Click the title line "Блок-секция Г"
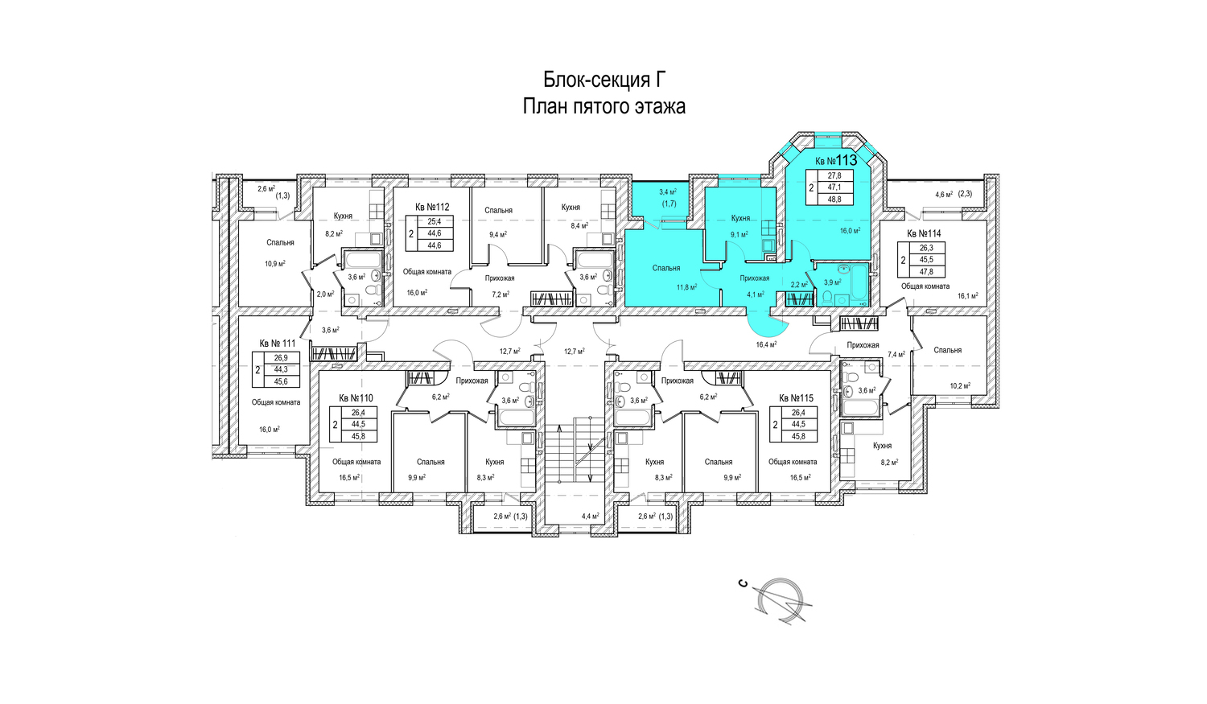[x=604, y=80]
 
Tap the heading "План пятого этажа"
[x=604, y=106]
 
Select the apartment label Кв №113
[x=836, y=161]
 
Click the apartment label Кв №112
[x=432, y=207]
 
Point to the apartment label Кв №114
[x=924, y=234]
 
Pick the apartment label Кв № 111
[x=278, y=343]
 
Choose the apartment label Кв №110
[x=356, y=398]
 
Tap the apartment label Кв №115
[x=797, y=398]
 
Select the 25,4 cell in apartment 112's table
[x=435, y=220]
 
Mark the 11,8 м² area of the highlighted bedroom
[x=687, y=287]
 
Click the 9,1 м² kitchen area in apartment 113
[x=739, y=234]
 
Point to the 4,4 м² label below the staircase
[x=591, y=516]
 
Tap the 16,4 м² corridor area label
[x=766, y=344]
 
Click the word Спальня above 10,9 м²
[x=280, y=242]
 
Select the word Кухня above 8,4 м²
[x=571, y=207]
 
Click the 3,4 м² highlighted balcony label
[x=668, y=191]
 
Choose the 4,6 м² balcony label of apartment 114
[x=944, y=194]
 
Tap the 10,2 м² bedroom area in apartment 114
[x=960, y=385]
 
